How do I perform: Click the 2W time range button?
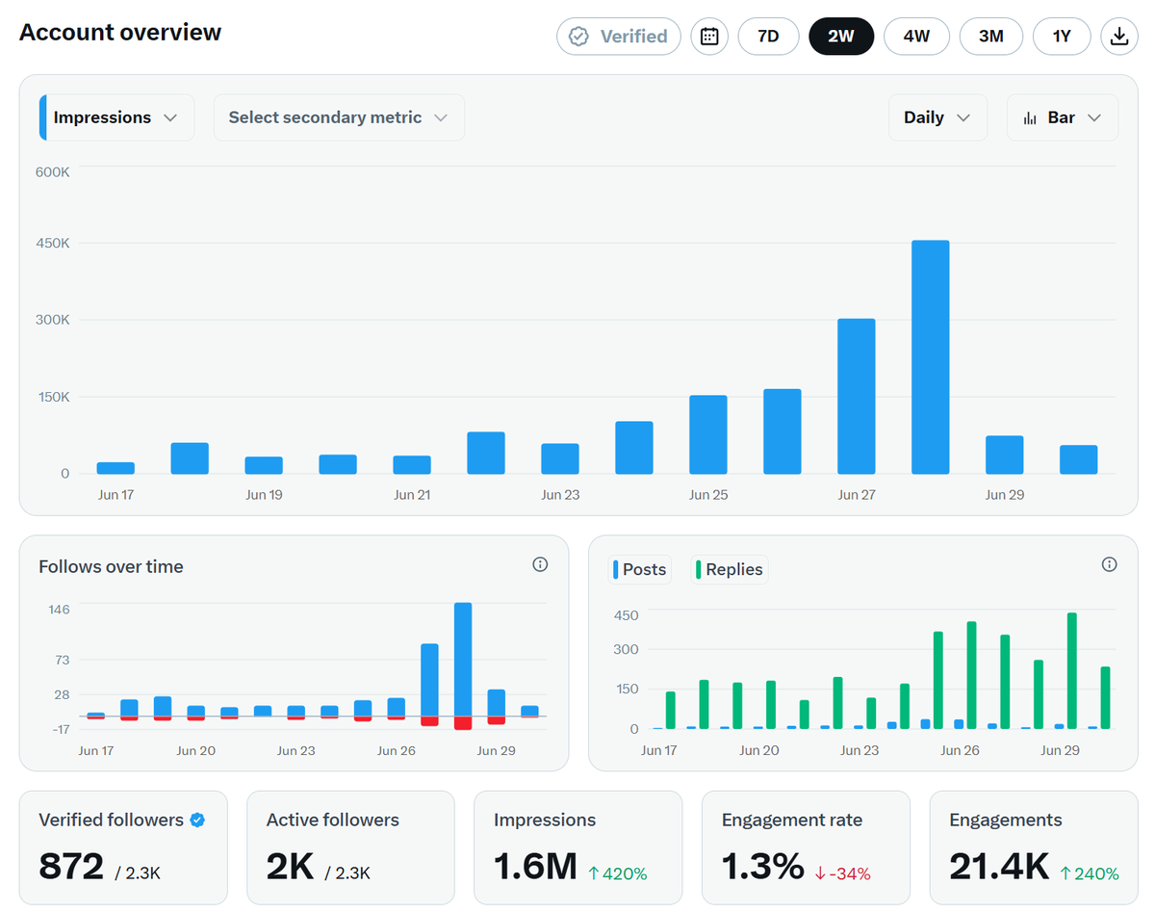point(840,36)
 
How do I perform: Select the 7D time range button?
point(768,36)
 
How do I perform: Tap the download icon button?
point(1119,36)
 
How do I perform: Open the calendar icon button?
point(709,36)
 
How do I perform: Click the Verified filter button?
point(618,36)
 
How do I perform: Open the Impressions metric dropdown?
point(116,117)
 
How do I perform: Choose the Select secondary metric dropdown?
point(339,117)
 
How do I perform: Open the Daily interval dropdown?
point(937,117)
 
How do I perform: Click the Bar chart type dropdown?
point(1063,117)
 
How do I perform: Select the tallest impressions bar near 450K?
point(930,357)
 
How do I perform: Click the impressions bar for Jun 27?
point(856,397)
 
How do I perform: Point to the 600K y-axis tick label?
point(53,171)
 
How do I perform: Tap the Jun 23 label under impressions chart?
point(560,495)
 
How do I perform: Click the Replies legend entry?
point(729,569)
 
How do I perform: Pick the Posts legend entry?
point(639,569)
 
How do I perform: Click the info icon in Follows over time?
point(540,564)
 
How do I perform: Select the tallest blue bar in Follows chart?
point(463,660)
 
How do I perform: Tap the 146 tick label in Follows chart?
point(59,610)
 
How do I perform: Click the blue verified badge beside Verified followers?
point(197,821)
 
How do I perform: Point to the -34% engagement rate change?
point(842,873)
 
